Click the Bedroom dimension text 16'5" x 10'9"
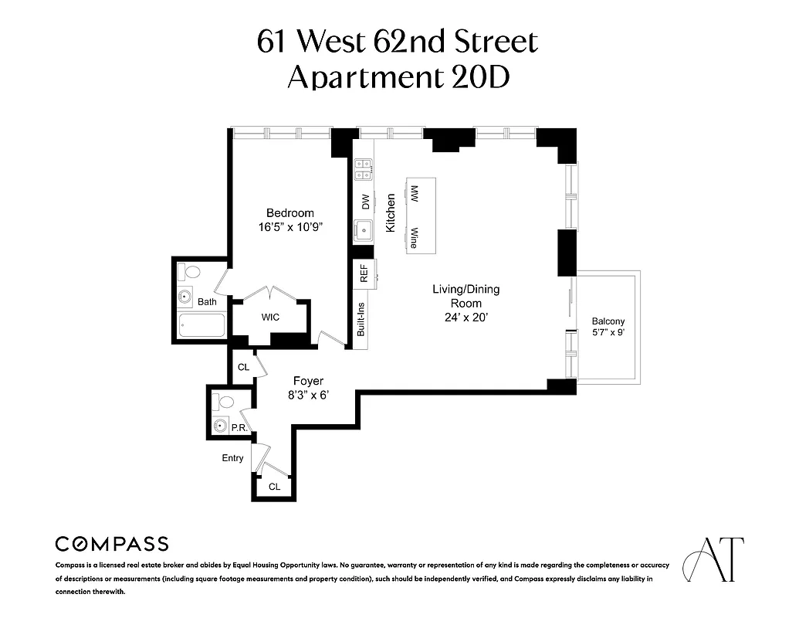point(290,228)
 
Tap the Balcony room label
point(608,321)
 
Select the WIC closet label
point(270,317)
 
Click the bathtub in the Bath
point(201,326)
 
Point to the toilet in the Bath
point(189,272)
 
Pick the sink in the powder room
point(221,425)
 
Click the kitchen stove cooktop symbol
point(364,169)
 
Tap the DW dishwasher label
point(365,201)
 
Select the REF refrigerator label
point(364,274)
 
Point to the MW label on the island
point(415,193)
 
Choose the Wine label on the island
point(415,236)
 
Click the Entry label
point(232,458)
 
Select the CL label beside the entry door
point(274,487)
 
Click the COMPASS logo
point(112,544)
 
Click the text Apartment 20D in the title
point(398,77)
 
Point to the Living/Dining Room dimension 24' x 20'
point(466,317)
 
